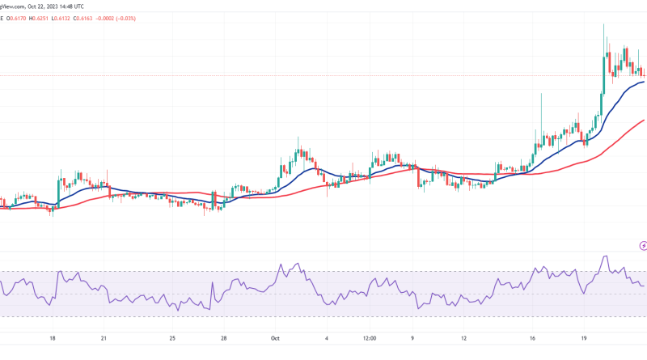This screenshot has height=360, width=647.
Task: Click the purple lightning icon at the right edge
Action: coord(642,244)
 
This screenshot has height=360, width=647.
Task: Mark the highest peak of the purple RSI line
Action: coord(603,256)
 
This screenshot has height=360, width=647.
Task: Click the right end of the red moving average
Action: coord(643,120)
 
